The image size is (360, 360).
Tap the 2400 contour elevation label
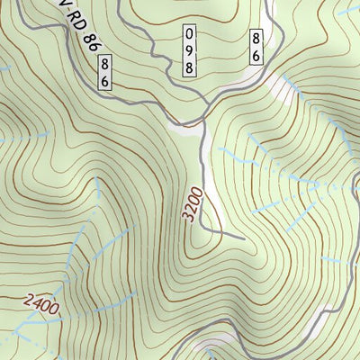tap(41, 306)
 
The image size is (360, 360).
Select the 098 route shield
tap(190, 50)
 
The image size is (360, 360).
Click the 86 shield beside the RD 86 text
tap(105, 72)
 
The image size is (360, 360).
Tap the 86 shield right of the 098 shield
tap(256, 48)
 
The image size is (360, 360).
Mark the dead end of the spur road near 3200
tap(244, 238)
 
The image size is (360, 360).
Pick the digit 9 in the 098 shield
tap(190, 50)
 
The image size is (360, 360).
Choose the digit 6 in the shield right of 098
tap(256, 56)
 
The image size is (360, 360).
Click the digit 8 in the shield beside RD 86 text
tap(105, 65)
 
